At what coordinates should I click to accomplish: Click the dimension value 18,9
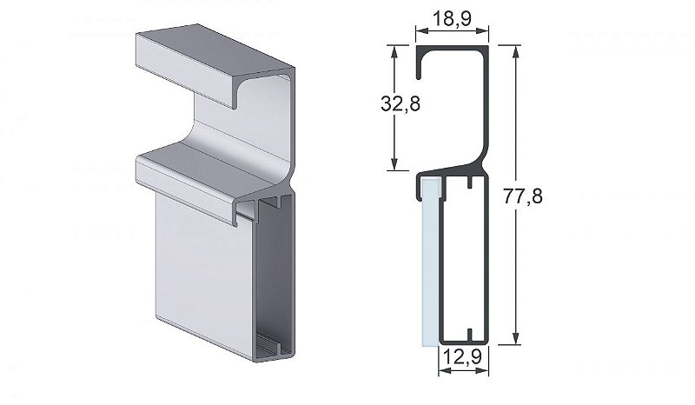coord(452,17)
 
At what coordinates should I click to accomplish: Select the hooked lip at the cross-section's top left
coord(420,65)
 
